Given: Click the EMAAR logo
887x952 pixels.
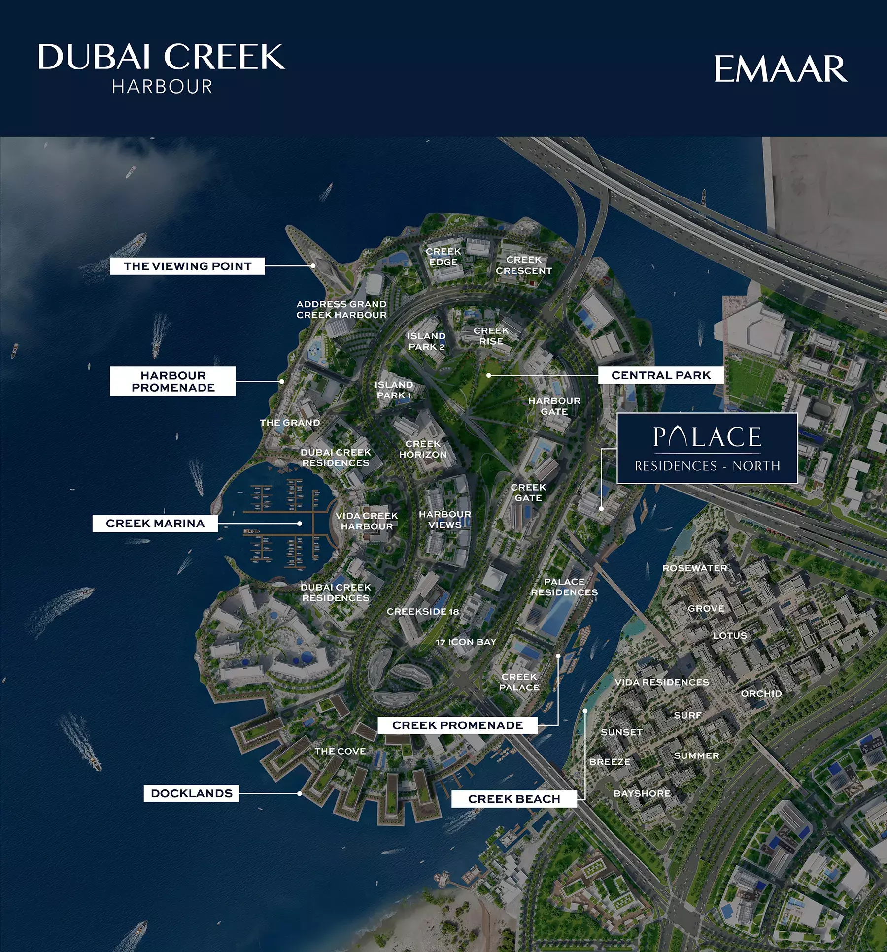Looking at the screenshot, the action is tap(781, 69).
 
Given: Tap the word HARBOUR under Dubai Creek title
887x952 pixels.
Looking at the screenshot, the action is tap(162, 87).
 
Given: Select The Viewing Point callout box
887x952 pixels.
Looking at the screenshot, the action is tap(187, 266).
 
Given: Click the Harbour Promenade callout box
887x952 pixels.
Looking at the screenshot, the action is tap(173, 381).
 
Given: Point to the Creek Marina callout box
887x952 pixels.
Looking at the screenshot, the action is tap(155, 523).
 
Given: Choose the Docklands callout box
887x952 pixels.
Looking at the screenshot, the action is tap(191, 793).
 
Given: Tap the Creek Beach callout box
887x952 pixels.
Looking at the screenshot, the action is tap(514, 799).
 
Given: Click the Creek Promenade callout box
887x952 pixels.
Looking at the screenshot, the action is tap(457, 725).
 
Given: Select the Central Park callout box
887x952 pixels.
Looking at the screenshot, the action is tap(661, 375).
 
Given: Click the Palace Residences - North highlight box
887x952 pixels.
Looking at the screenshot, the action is tap(707, 448).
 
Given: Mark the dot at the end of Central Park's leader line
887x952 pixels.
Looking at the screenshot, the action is tap(489, 375).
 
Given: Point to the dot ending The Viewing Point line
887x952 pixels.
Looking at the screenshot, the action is tap(313, 265).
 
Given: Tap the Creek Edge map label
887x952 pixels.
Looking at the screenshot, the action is tap(443, 257).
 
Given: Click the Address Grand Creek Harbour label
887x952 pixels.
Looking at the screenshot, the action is tap(341, 310).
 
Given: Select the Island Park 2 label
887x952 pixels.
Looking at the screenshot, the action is tap(426, 341).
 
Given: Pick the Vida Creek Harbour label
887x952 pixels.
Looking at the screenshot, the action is tap(367, 521).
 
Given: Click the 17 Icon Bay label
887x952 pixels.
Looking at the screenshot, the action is tap(466, 642).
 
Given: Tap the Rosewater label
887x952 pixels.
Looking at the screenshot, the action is tap(695, 568).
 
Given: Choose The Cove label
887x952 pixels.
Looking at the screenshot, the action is tap(340, 751).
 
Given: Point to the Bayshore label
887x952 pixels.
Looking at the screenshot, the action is tap(642, 793).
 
